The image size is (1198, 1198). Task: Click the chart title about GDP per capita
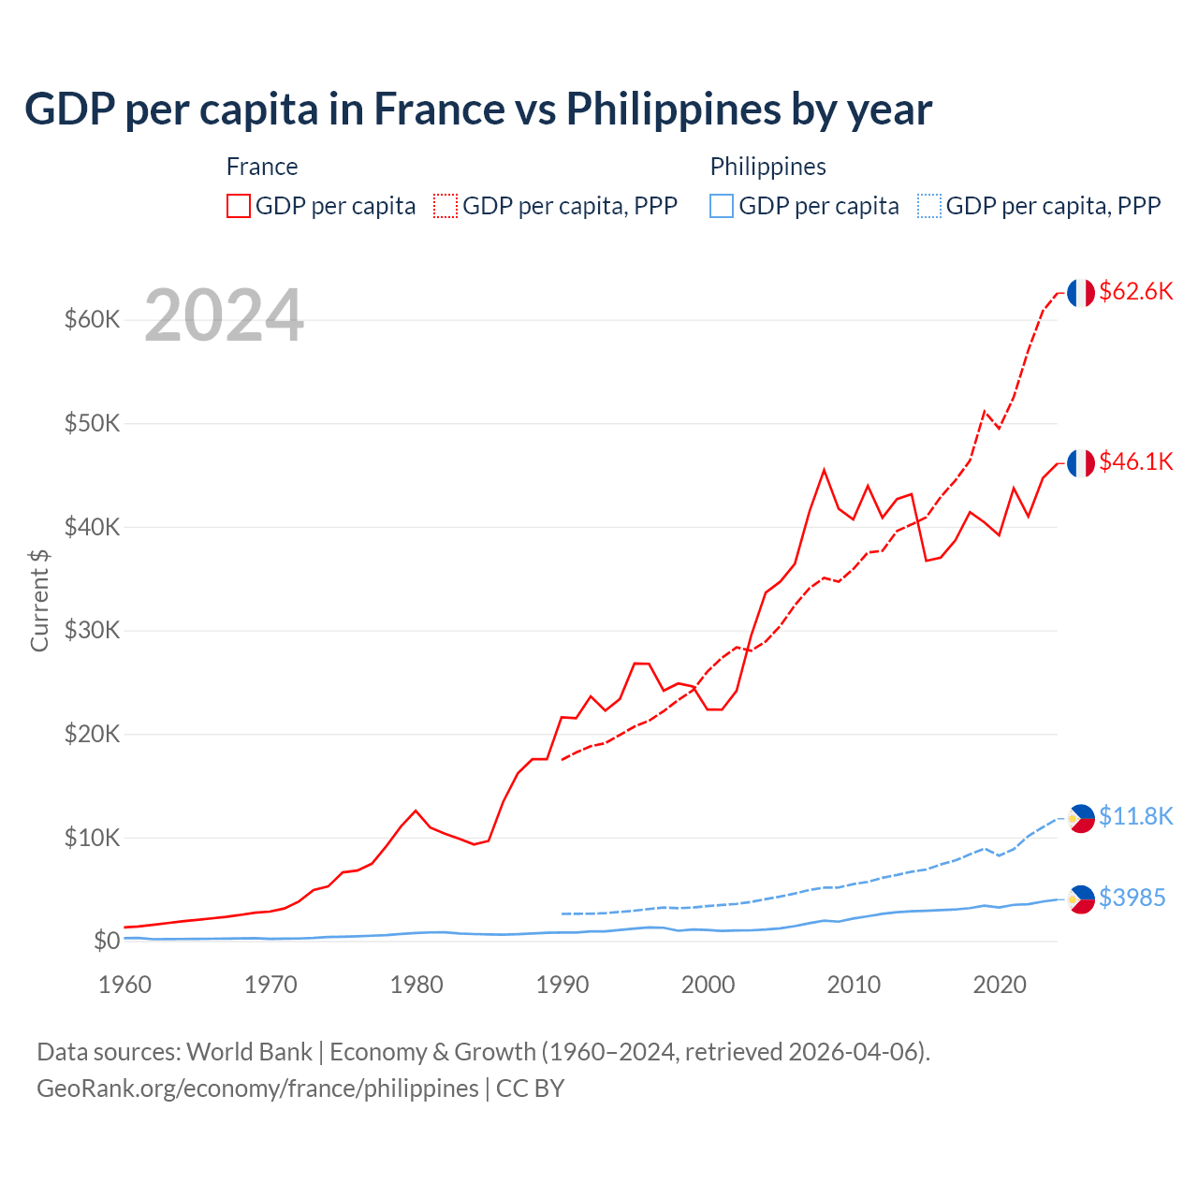477,110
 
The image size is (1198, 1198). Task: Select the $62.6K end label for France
1135,292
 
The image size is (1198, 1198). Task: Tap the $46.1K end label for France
1135,462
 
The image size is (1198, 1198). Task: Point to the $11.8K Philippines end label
1135,817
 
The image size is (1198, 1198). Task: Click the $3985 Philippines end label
1132,898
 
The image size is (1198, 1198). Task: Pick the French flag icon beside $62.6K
1081,293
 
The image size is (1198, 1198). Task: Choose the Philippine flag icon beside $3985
1081,899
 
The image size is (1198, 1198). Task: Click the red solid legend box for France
239,206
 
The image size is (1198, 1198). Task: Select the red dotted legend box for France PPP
446,206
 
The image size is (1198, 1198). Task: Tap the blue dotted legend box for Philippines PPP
929,206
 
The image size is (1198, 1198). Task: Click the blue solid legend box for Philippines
722,206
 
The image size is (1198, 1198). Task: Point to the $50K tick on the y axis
92,424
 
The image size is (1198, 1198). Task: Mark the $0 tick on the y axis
107,942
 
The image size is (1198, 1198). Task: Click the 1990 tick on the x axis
562,985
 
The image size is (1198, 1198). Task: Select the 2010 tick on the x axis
854,985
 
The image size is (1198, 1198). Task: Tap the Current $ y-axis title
39,601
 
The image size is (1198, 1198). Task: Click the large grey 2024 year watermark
224,316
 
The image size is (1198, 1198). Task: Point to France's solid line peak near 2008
824,470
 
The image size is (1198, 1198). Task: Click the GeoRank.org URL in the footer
257,1088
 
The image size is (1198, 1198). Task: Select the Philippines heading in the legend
767,167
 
